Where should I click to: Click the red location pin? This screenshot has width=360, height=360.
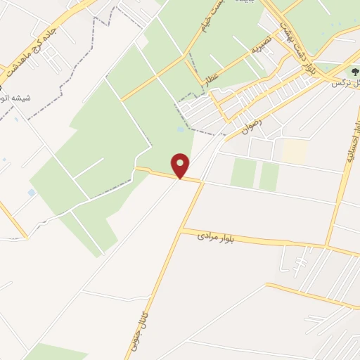(181, 166)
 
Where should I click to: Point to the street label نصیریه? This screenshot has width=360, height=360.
(261, 46)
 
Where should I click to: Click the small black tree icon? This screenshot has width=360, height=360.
(354, 71)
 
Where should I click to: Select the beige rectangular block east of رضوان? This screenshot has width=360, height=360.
(295, 151)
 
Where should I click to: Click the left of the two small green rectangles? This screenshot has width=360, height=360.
(243, 173)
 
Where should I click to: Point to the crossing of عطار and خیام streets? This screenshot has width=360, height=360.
(186, 56)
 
